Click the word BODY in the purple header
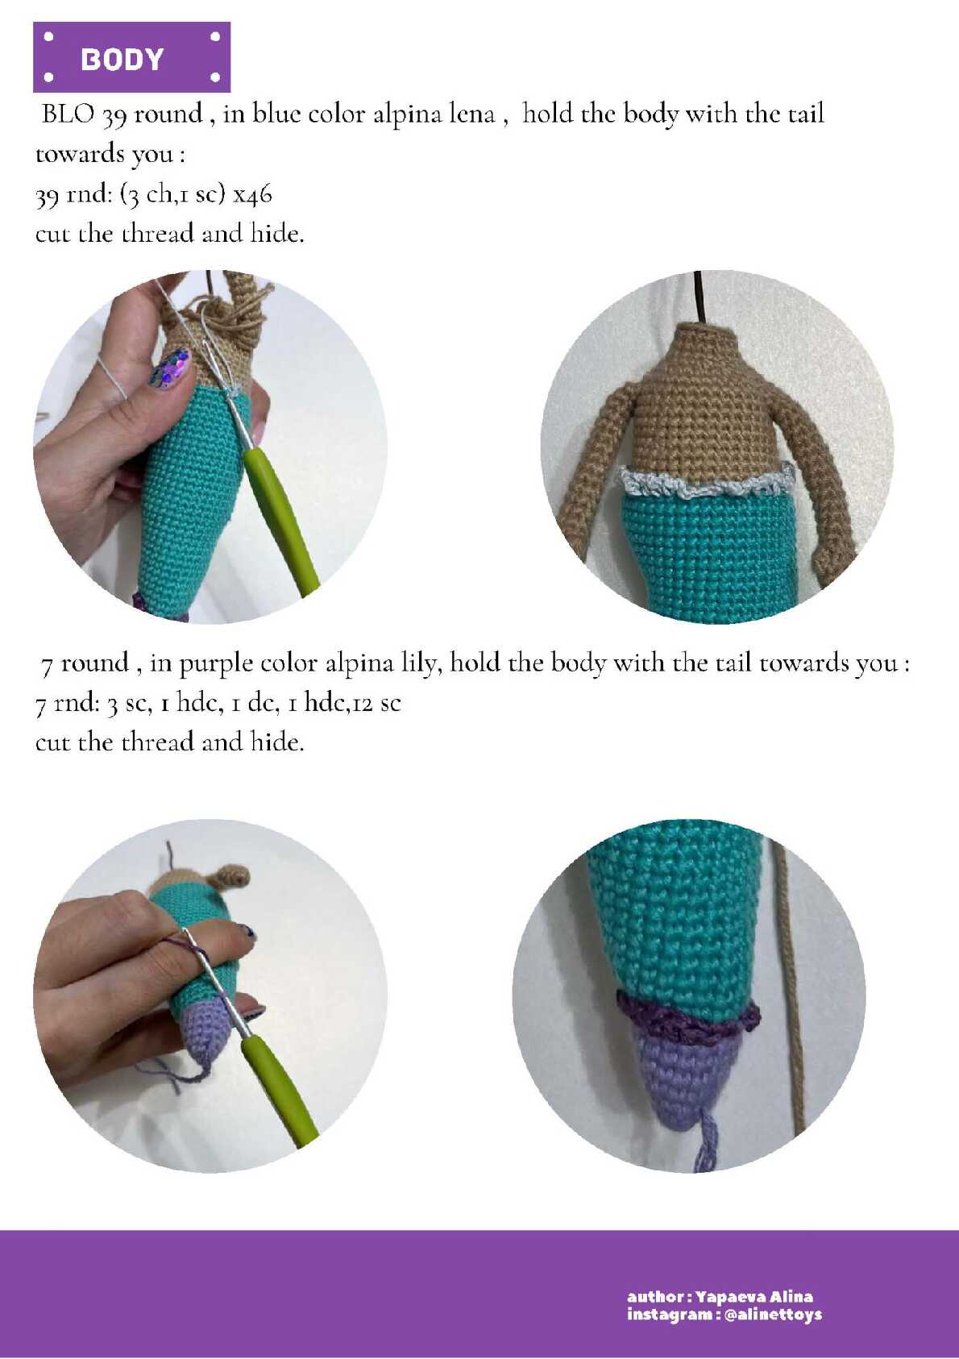click(122, 59)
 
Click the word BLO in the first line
click(68, 114)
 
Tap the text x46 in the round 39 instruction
click(253, 195)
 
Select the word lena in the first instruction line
click(472, 114)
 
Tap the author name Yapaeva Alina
click(753, 1297)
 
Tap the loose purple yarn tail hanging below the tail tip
click(706, 1140)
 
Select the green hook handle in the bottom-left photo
click(278, 1093)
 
